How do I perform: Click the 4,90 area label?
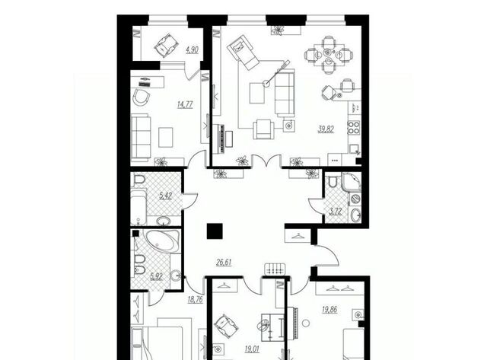(x=193, y=50)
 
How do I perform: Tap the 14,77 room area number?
(x=185, y=105)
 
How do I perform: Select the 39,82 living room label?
(x=326, y=129)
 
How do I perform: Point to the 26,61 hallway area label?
(x=224, y=263)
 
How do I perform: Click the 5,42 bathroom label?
(x=166, y=196)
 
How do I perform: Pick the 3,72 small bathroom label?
(x=336, y=212)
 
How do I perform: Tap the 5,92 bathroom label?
(x=156, y=276)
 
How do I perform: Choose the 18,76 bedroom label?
(x=195, y=299)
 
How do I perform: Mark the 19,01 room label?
(x=252, y=349)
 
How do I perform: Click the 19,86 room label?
(x=329, y=309)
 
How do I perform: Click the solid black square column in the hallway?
(x=215, y=231)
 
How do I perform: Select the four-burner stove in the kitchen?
(x=354, y=127)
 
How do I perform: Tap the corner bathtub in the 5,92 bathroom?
(x=163, y=241)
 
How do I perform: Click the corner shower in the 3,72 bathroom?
(x=352, y=182)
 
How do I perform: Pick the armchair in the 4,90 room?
(x=166, y=46)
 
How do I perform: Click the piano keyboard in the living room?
(x=221, y=139)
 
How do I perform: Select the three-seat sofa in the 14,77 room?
(x=141, y=137)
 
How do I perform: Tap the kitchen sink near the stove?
(x=355, y=149)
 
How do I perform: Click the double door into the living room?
(x=267, y=161)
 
